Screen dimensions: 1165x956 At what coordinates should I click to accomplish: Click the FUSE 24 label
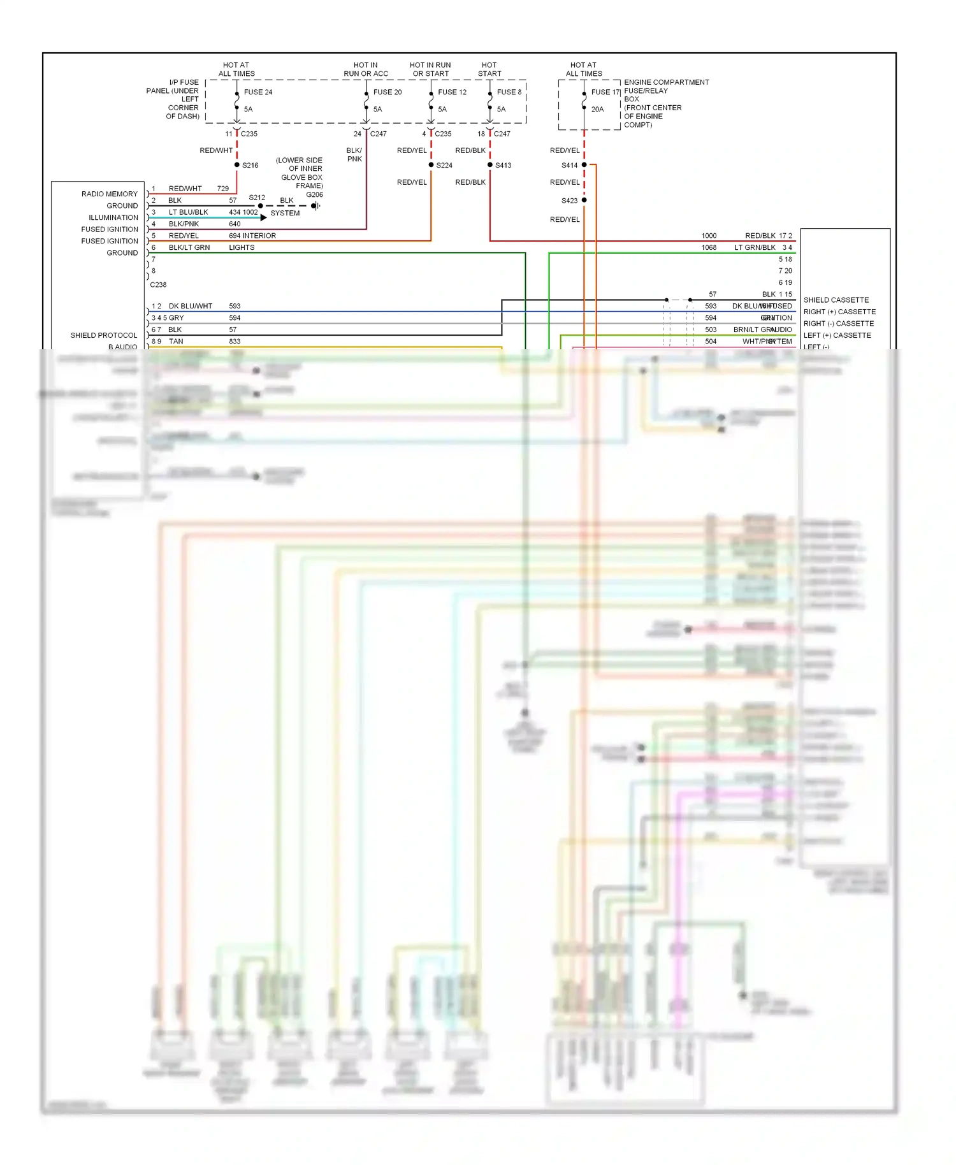click(257, 92)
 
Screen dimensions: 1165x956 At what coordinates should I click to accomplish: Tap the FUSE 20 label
click(387, 92)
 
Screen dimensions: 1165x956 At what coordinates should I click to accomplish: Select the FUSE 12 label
click(452, 92)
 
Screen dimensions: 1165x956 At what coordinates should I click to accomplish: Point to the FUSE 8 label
click(509, 92)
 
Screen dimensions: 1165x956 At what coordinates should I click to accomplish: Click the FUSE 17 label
click(605, 92)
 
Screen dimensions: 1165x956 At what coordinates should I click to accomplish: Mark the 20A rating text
click(597, 110)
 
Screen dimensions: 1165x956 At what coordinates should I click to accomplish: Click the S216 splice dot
click(237, 165)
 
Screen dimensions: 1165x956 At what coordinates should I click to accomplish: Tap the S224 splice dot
click(431, 165)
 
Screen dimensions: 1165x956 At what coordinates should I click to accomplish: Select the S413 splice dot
click(490, 165)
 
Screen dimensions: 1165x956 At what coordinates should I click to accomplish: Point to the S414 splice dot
click(584, 165)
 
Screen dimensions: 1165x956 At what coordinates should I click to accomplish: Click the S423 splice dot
click(584, 200)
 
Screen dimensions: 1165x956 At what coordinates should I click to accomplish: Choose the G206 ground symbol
click(315, 206)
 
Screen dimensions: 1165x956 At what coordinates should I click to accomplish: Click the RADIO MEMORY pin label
click(109, 194)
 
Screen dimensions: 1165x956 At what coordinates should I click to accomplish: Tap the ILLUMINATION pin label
click(113, 218)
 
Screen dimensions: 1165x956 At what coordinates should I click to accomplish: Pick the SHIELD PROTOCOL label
click(103, 335)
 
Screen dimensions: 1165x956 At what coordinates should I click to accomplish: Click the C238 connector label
click(158, 285)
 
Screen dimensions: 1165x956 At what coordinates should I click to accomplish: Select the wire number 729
click(222, 189)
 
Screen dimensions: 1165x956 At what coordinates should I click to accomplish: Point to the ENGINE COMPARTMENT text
click(666, 83)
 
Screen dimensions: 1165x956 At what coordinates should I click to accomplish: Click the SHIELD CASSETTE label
click(836, 300)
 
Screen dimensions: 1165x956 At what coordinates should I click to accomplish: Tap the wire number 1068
click(709, 248)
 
